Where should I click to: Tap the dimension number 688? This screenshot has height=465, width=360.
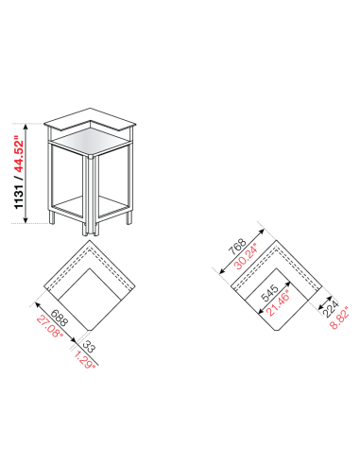pos(58,319)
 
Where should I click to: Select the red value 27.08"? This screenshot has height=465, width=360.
pos(49,326)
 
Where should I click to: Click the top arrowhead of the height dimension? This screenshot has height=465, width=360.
pos(31,122)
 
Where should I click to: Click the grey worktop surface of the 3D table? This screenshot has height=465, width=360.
pos(90,142)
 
